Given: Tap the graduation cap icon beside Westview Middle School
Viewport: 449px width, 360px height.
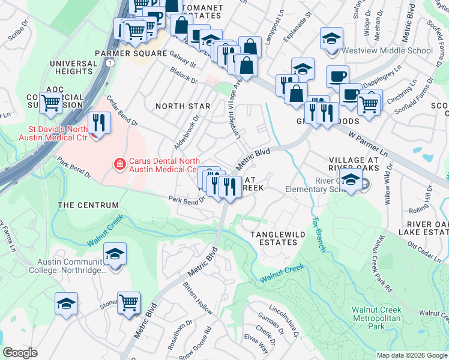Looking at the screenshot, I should [x=331, y=40].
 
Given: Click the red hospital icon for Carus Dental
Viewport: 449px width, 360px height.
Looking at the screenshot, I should [x=120, y=163].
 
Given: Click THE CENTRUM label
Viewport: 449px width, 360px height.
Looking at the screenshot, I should [x=88, y=205].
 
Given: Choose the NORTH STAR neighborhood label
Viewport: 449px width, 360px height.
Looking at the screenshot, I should [x=183, y=106].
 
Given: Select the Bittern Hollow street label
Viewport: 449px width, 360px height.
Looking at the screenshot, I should [x=198, y=298].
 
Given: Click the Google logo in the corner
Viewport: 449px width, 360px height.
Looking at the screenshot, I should [x=20, y=353].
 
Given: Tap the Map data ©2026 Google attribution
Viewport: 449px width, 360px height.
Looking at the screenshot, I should [x=412, y=355].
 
